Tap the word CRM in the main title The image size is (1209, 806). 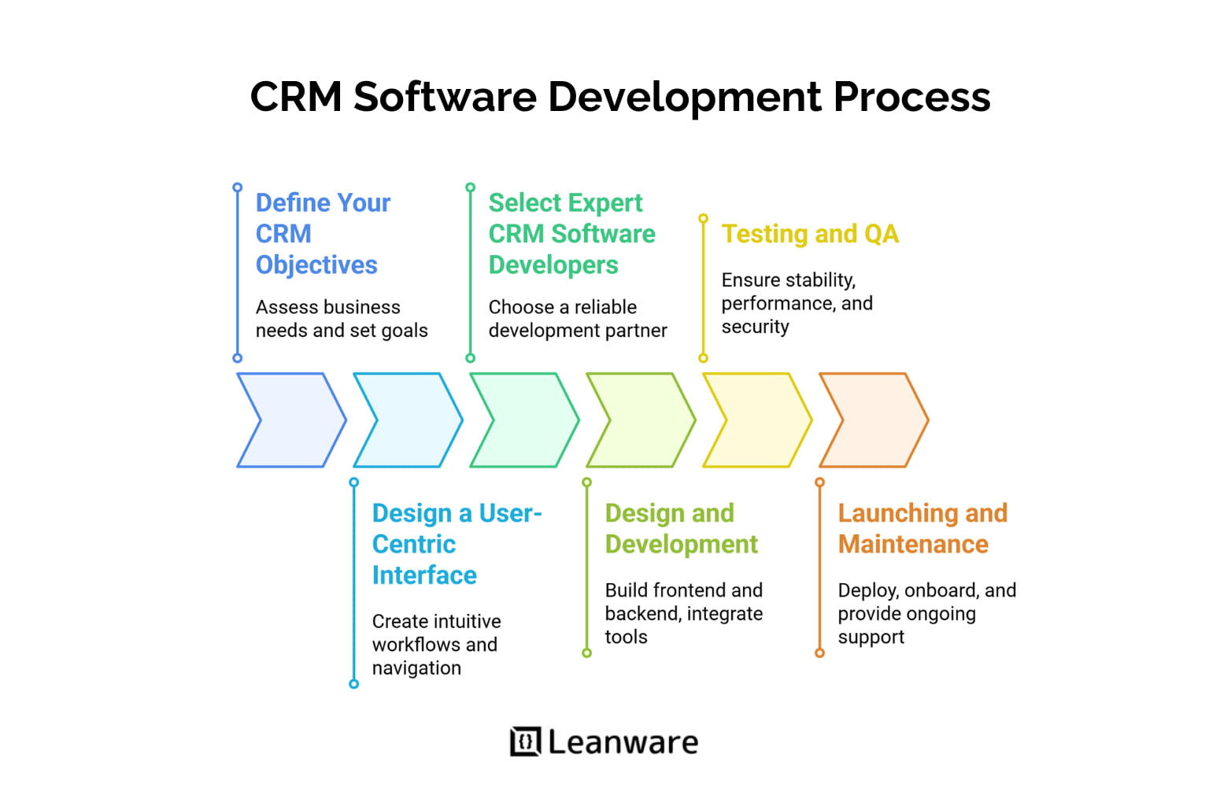tap(296, 97)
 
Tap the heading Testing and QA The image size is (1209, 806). tap(810, 234)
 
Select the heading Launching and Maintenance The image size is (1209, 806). tap(922, 528)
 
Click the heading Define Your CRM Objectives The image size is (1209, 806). tap(322, 234)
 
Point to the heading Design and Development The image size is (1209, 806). tap(681, 528)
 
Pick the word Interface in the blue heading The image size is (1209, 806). tap(424, 575)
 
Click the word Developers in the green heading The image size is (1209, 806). tap(553, 265)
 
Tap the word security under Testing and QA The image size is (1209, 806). tap(755, 327)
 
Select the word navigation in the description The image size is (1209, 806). tap(416, 668)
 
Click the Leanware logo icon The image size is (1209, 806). tap(525, 741)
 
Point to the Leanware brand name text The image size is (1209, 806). tap(623, 742)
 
